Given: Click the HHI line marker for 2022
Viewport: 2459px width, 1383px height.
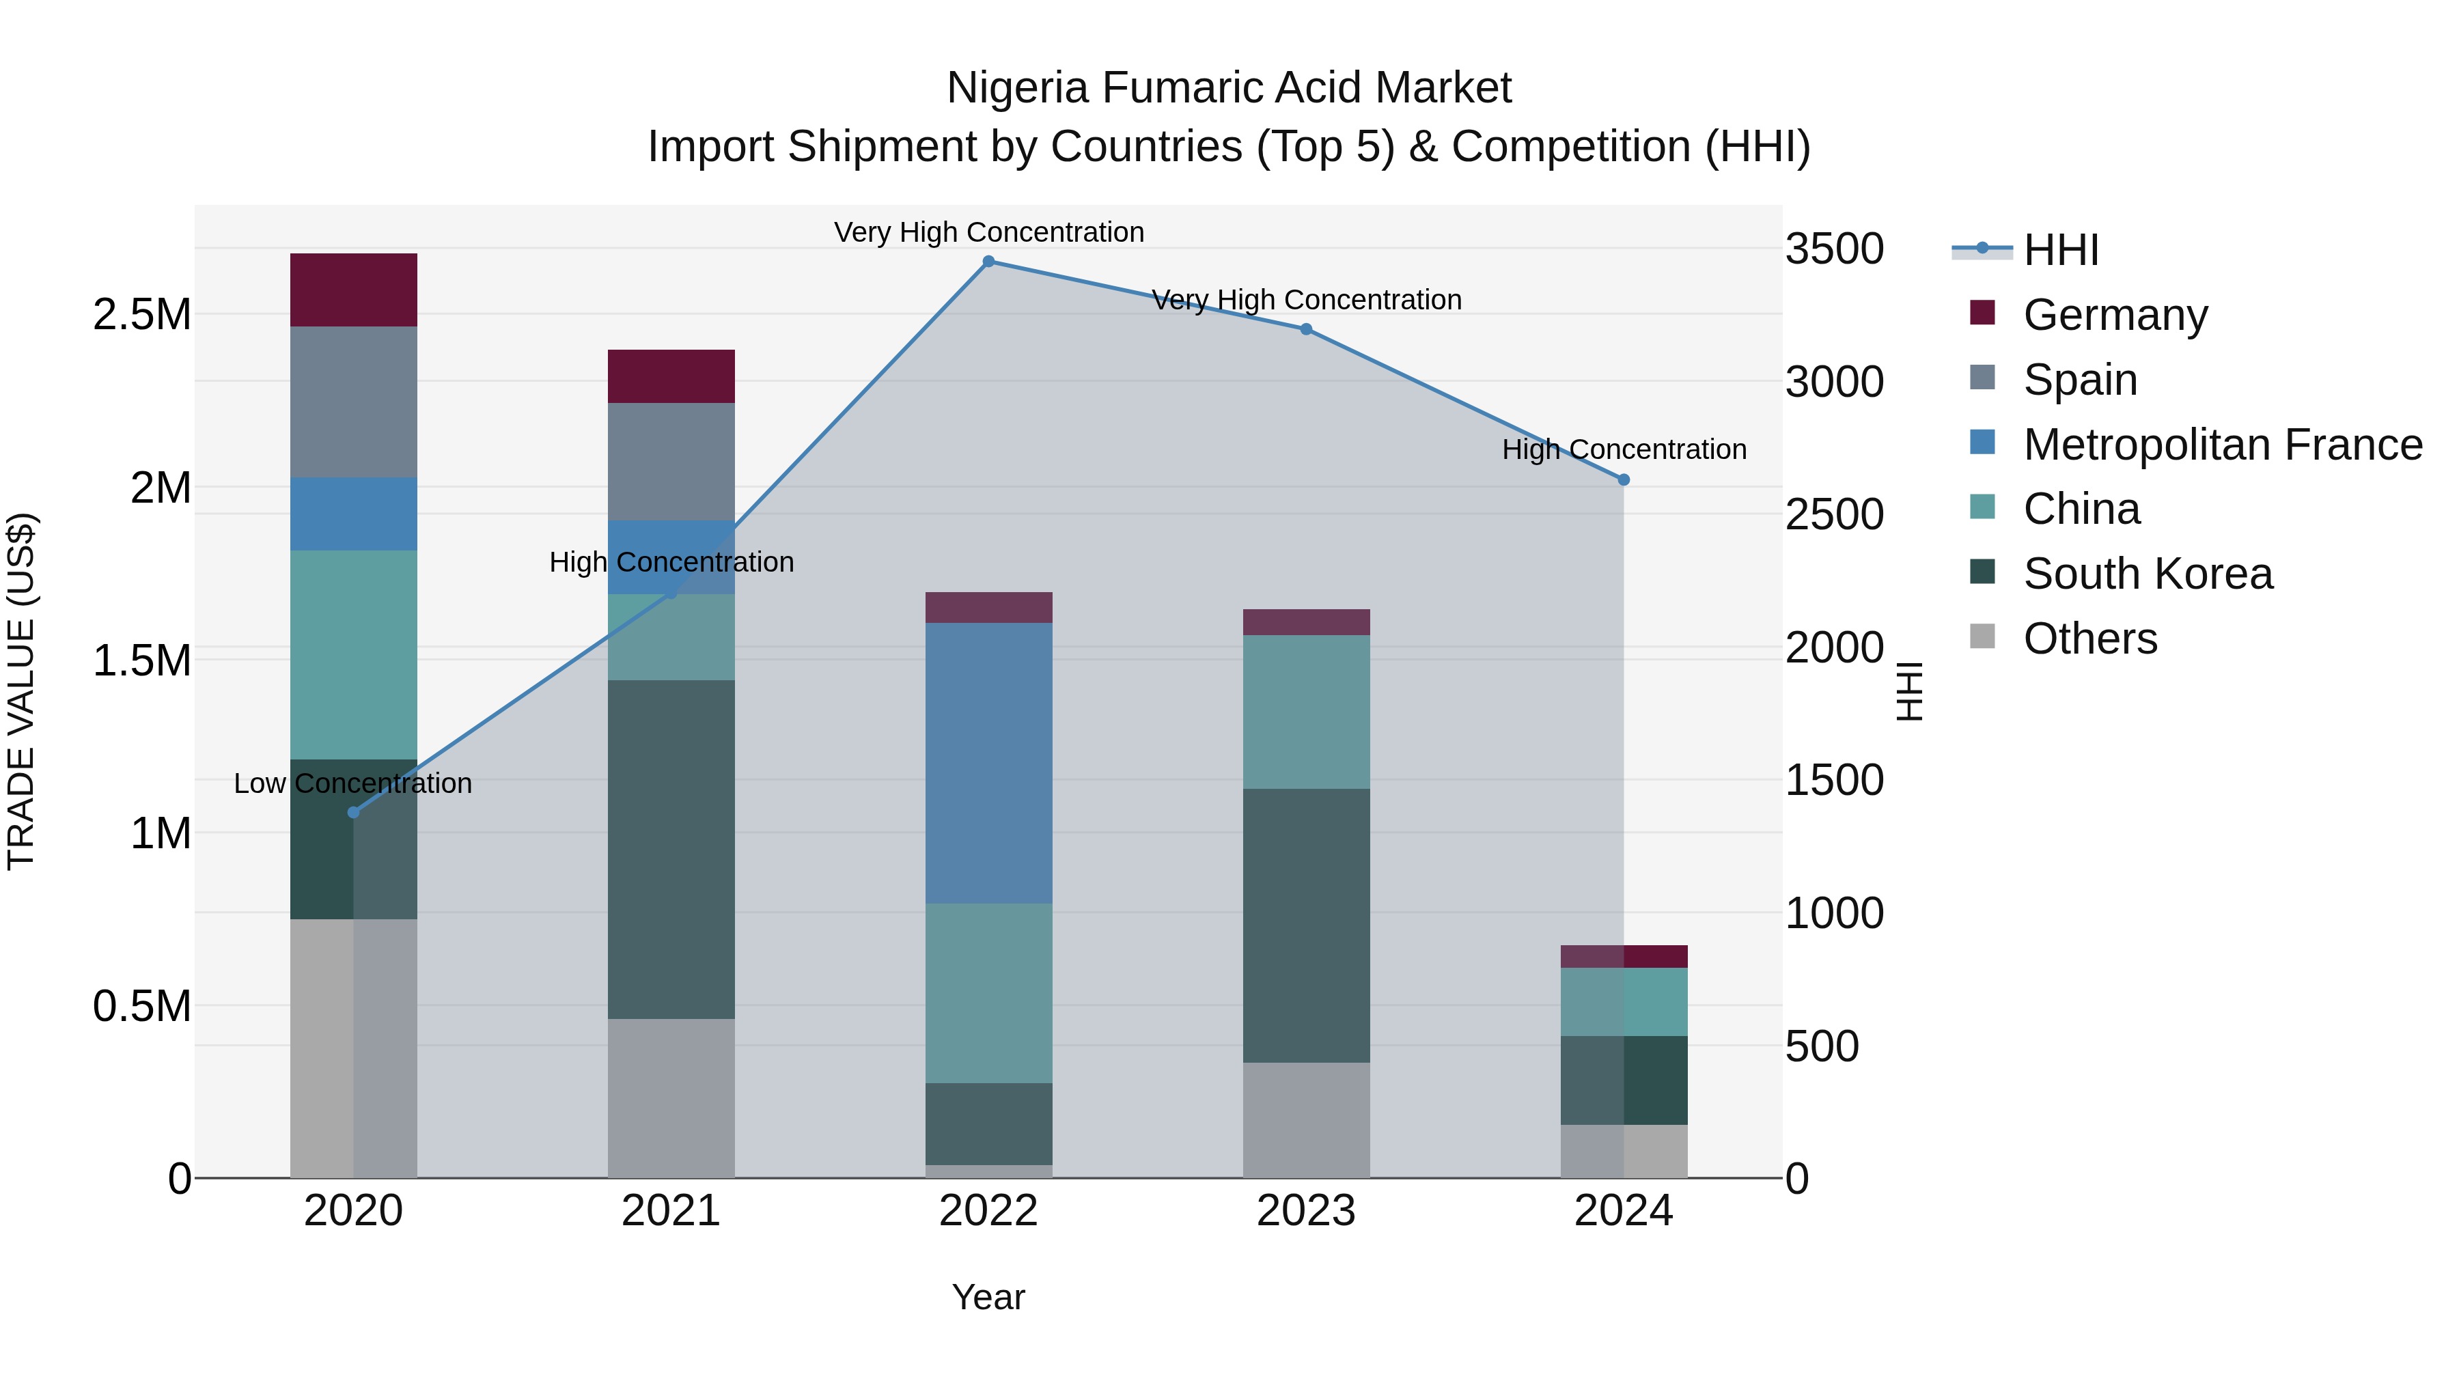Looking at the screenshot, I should [x=988, y=261].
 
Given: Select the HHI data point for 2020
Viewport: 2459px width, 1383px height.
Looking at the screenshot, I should [x=353, y=812].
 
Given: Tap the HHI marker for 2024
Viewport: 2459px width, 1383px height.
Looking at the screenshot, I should [x=1624, y=480].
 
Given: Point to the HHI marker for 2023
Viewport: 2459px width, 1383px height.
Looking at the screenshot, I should [x=1306, y=329].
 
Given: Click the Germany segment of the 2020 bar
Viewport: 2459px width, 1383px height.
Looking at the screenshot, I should [x=353, y=290].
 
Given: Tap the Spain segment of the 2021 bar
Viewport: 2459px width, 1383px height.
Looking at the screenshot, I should [x=671, y=461].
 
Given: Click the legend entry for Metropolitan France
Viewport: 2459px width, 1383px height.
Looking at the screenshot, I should [x=2221, y=445].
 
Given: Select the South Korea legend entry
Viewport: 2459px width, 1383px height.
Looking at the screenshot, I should [x=2147, y=574].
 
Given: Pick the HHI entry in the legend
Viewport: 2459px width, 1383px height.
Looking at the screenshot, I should [x=2060, y=250].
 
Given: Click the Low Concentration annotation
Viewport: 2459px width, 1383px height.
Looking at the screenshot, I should [x=353, y=783].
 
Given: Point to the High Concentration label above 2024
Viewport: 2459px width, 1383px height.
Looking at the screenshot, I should [x=1624, y=449].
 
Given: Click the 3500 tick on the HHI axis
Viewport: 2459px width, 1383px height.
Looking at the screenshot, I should [x=1834, y=249].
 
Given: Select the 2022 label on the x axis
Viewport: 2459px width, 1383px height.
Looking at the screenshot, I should [x=988, y=1211].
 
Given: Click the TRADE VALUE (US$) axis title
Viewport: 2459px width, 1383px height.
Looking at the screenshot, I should [x=21, y=691].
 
